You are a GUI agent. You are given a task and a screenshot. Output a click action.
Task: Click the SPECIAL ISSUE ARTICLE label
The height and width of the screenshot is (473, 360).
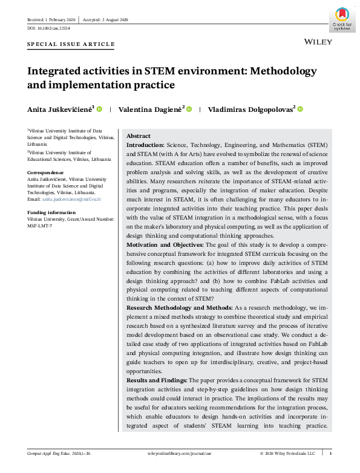(x=71, y=45)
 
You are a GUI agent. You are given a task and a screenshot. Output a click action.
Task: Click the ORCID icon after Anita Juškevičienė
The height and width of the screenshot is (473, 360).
(x=99, y=109)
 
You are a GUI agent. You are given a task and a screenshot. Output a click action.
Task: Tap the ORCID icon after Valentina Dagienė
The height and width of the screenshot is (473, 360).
(x=189, y=109)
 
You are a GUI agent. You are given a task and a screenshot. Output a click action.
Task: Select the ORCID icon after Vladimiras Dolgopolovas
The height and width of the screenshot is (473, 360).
(x=300, y=109)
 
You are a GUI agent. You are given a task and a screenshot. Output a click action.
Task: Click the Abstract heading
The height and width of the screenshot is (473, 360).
(x=139, y=136)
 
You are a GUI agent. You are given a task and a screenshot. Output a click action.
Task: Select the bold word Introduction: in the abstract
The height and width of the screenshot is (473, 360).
(x=144, y=146)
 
